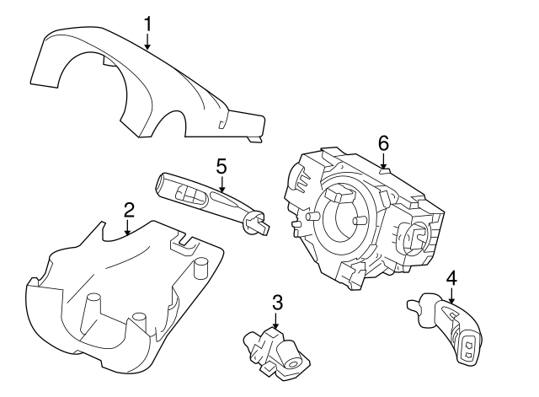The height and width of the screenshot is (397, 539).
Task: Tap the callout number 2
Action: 129,208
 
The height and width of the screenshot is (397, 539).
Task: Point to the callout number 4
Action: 451,277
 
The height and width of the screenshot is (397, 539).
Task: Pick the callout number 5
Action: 221,165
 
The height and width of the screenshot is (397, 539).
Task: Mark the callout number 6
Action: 383,143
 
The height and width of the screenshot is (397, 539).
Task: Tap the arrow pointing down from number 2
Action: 128,226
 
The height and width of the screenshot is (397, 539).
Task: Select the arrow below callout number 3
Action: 276,321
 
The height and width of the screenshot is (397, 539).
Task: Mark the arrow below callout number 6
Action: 383,161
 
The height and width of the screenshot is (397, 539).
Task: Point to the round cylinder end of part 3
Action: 295,362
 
